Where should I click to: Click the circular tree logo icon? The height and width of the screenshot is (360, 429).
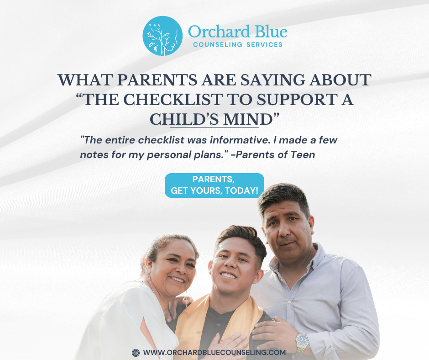tap(162, 36)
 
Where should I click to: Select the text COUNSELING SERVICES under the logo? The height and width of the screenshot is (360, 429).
tap(237, 45)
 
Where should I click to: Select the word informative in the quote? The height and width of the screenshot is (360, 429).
tap(236, 138)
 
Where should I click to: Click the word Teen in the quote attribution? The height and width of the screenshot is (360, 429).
tap(303, 154)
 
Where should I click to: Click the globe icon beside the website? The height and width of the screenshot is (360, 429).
tap(136, 353)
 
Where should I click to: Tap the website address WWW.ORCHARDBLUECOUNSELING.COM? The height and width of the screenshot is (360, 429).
tap(214, 353)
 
